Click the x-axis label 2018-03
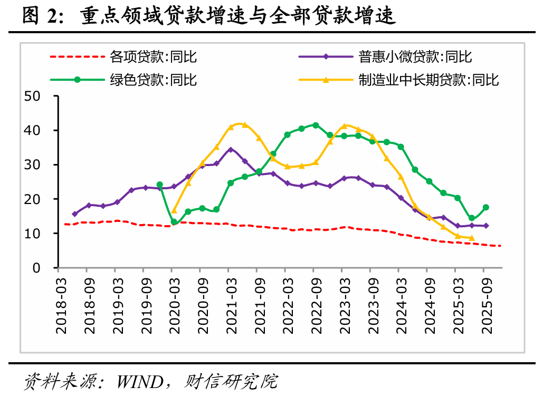(x=62, y=304)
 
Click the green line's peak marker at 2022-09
(x=316, y=125)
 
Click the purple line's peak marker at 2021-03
(x=231, y=150)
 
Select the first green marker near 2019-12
(x=160, y=185)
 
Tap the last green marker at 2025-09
(x=486, y=208)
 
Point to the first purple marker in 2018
(x=74, y=214)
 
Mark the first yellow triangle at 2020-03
(x=174, y=211)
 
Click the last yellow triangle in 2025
(x=472, y=238)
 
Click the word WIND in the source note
(x=139, y=381)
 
